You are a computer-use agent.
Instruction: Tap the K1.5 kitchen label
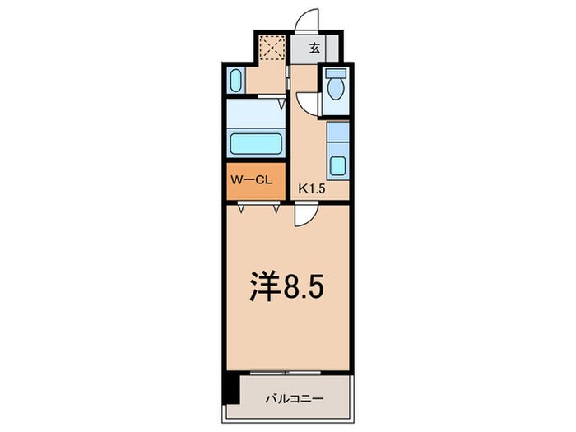[x=311, y=189]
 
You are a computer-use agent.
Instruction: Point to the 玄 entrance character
[x=314, y=49]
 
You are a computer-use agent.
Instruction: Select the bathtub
[x=255, y=144]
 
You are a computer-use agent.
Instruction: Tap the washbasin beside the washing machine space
[x=235, y=81]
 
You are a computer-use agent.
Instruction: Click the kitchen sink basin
[x=337, y=164]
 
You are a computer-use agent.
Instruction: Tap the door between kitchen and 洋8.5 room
[x=304, y=216]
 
